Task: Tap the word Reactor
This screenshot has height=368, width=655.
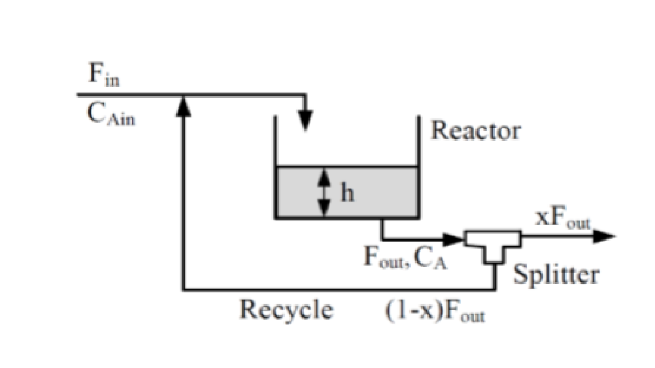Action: point(476,130)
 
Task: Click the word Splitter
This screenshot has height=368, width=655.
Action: point(556,275)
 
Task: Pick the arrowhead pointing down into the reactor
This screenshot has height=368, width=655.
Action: point(304,122)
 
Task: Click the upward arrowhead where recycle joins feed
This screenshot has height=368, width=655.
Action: point(184,106)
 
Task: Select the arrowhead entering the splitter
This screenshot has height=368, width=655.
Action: point(454,238)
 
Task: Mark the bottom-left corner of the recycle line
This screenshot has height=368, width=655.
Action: point(184,288)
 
